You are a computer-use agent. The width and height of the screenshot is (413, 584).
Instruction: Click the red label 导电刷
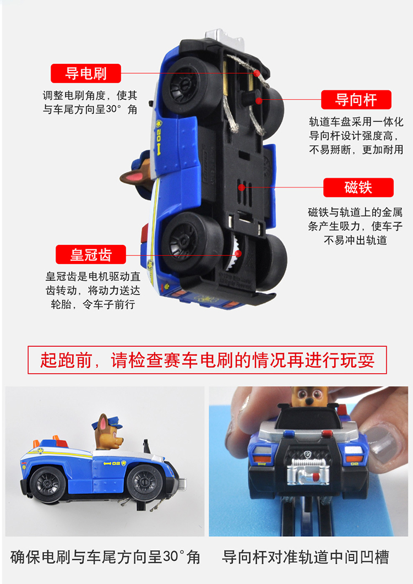point(86,73)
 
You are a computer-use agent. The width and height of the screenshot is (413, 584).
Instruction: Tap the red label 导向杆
point(356,100)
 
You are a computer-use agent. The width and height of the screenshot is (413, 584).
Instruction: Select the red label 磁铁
point(358,188)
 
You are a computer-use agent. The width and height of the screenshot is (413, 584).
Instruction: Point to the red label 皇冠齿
point(91,255)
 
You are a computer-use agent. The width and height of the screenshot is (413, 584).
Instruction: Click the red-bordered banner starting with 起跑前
point(207,360)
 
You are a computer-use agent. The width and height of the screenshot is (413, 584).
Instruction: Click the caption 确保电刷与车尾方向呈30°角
point(105,556)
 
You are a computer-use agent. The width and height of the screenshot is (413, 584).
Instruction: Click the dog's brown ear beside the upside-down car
point(132,177)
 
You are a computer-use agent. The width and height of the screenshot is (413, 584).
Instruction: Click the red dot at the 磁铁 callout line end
point(241,188)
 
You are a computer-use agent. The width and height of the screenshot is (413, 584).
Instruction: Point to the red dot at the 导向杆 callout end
point(257,100)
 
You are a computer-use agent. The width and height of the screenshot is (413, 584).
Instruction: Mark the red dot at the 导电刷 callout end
point(257,73)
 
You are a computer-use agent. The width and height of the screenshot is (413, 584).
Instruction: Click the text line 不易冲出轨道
point(355,240)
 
